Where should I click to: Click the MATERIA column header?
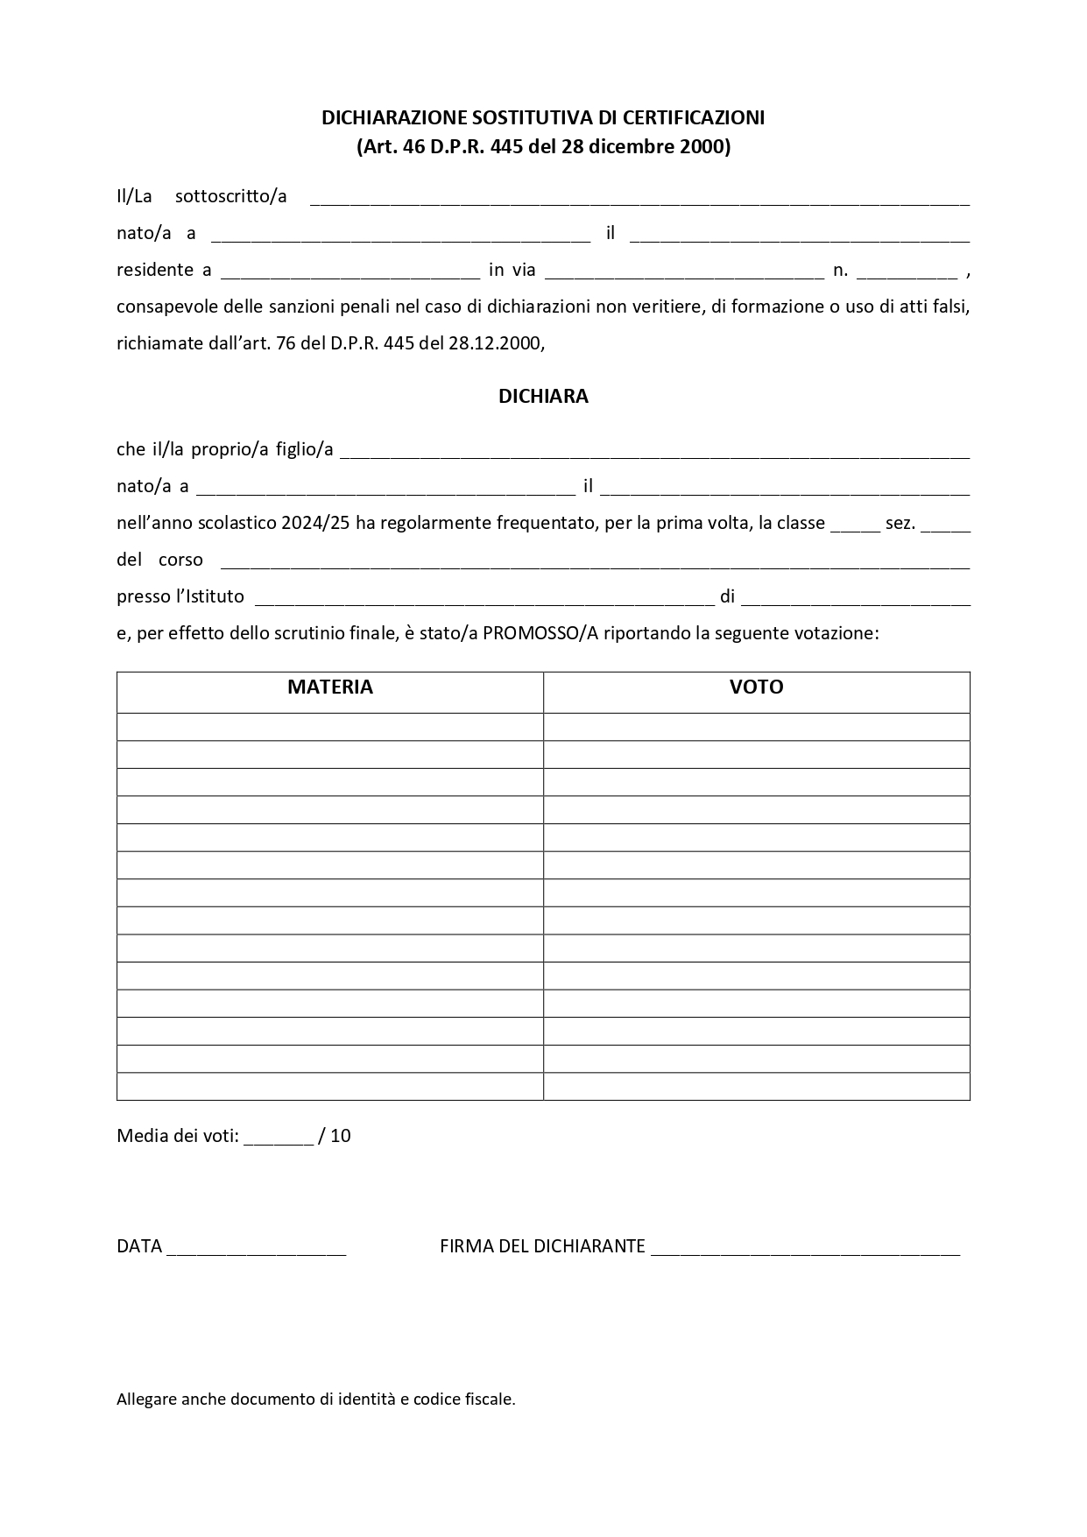point(329,687)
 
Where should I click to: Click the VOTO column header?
point(756,687)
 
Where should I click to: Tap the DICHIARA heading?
point(543,397)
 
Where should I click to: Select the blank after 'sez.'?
point(945,525)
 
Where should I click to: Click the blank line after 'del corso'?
point(594,562)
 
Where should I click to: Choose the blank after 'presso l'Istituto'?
point(484,599)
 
